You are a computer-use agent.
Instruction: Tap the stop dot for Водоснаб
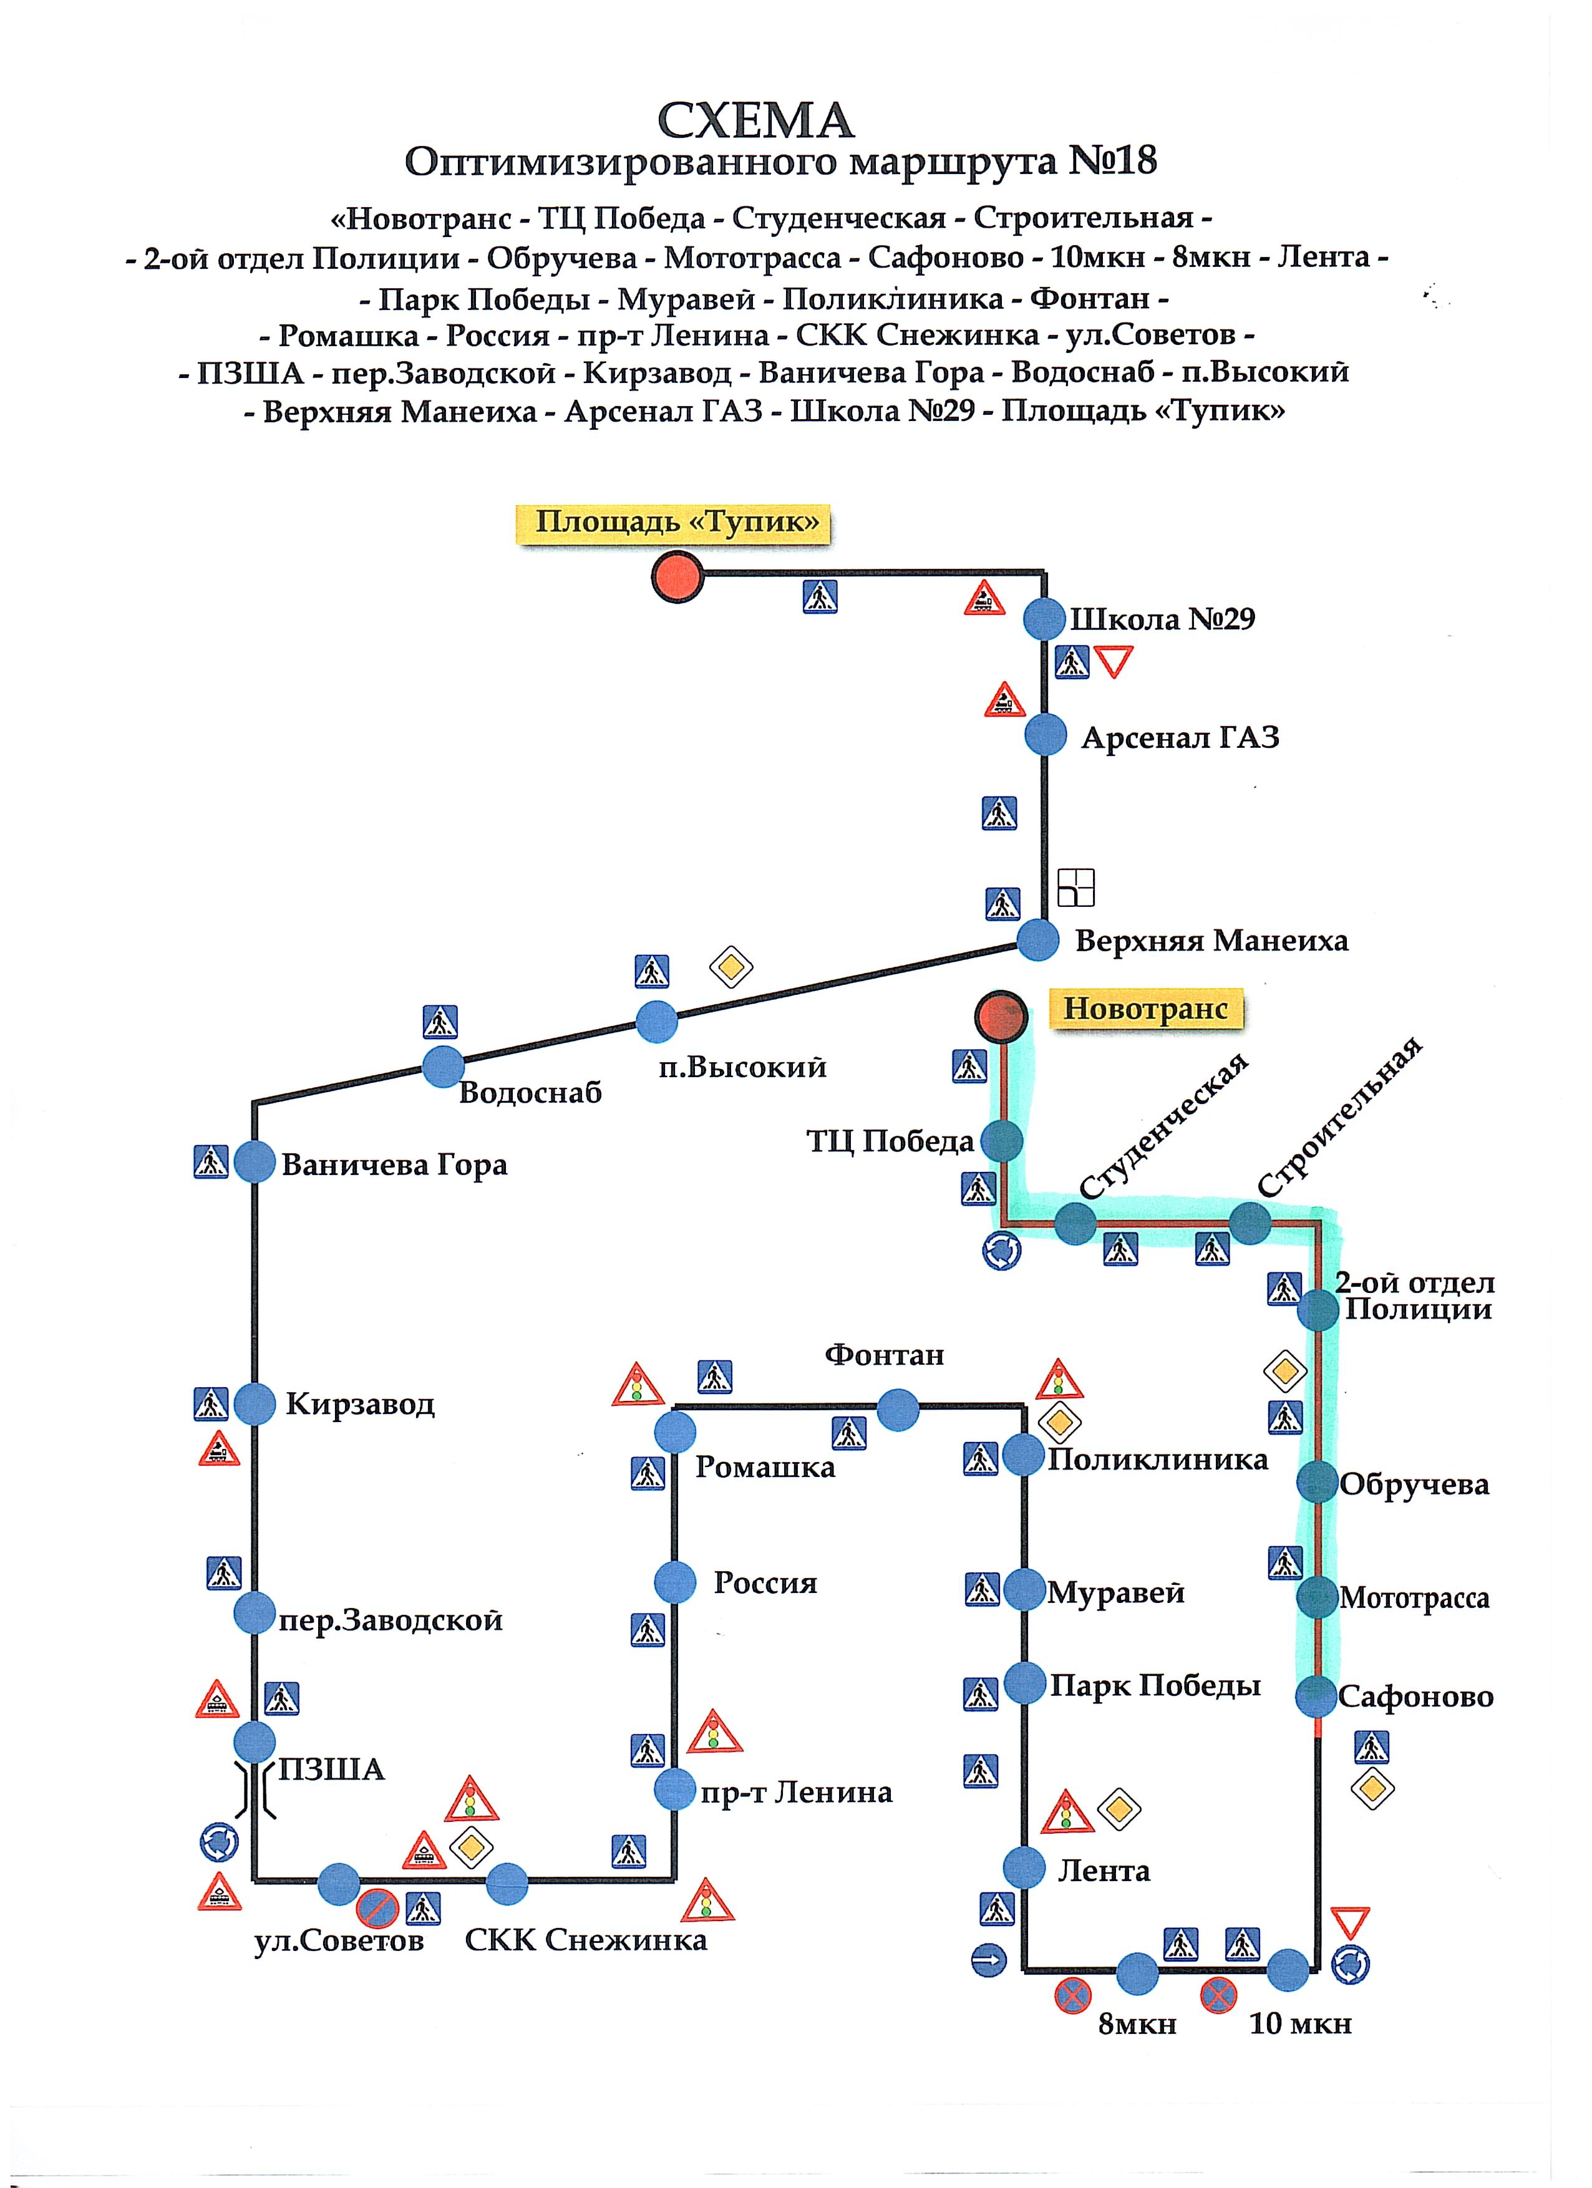pyautogui.click(x=444, y=1066)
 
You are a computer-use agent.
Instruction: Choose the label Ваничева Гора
pyautogui.click(x=395, y=1165)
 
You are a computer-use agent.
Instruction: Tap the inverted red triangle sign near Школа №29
pyautogui.click(x=1114, y=662)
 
